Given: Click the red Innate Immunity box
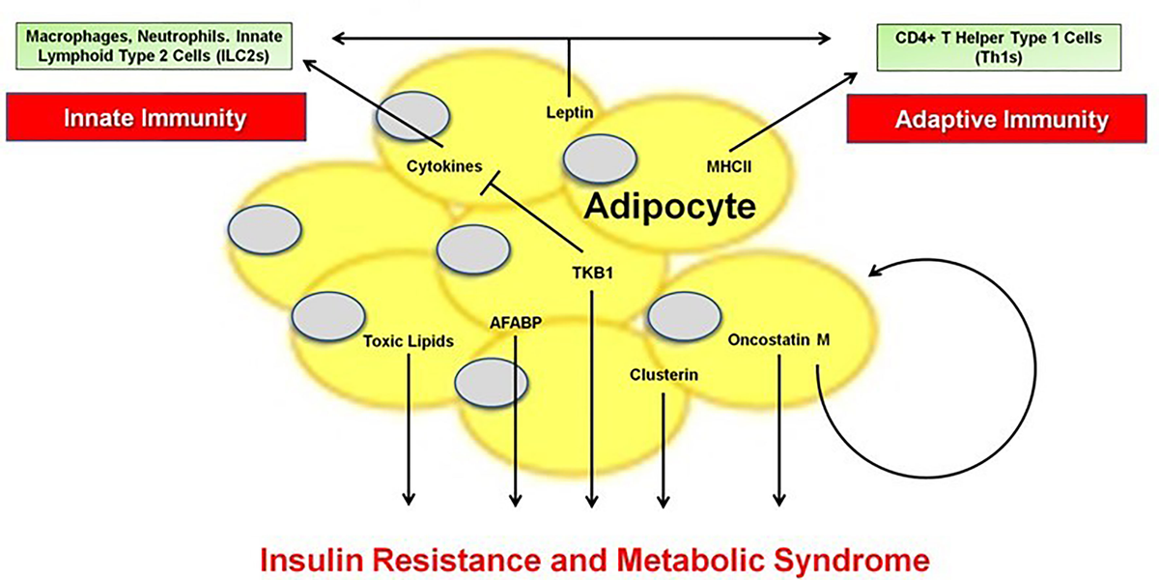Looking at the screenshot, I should pos(155,119).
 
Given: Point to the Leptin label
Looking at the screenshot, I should pos(569,112).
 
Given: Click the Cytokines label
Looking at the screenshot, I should pos(444,166).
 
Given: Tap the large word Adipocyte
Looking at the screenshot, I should pos(668,207).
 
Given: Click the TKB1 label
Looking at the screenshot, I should pos(593,274).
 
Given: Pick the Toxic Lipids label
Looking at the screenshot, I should pos(409,340).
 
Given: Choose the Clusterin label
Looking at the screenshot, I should pos(663,374).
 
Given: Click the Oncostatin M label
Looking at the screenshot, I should pos(778,340).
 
